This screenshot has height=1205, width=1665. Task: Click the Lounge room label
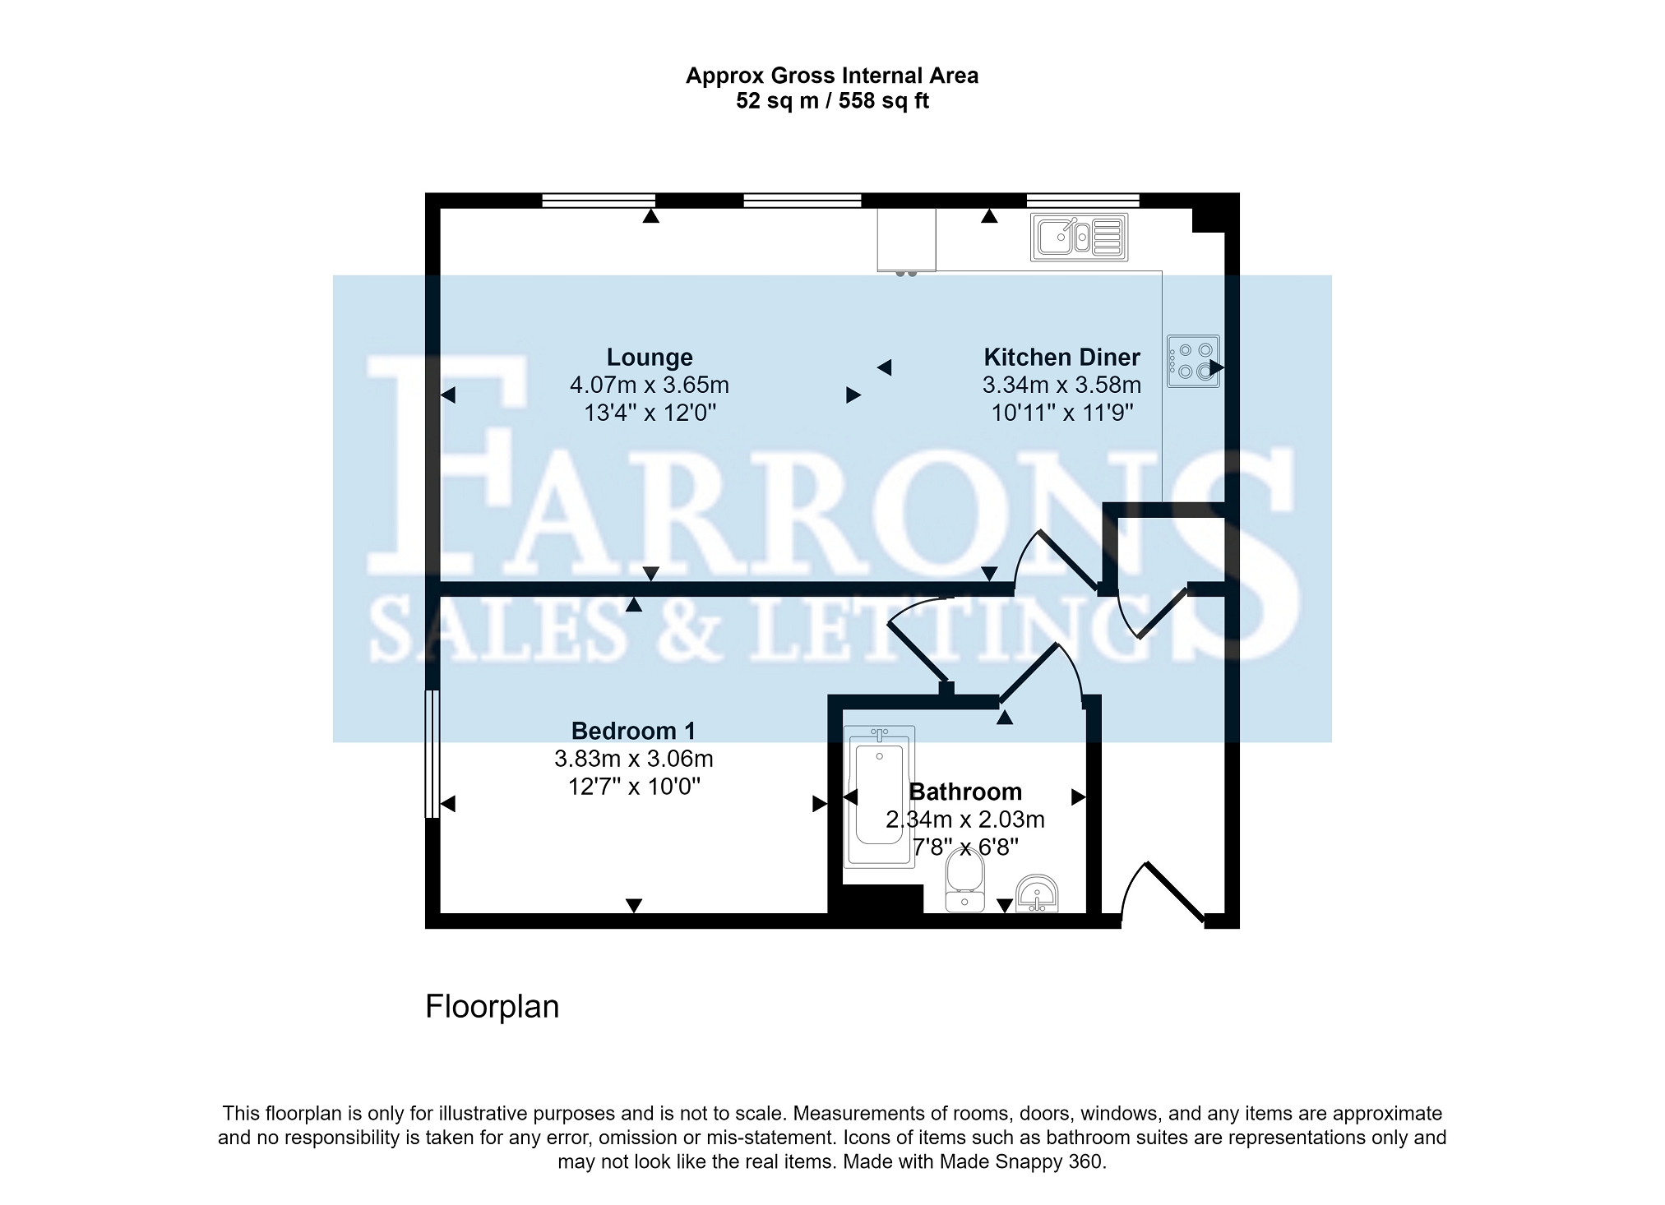650,358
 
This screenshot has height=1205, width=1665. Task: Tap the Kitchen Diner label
1061,358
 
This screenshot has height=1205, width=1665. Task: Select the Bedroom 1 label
633,731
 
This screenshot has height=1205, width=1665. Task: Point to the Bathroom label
965,792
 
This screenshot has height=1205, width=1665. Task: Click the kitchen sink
1079,238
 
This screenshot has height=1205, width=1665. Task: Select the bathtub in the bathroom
880,796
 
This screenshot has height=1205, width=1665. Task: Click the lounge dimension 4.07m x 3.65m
650,385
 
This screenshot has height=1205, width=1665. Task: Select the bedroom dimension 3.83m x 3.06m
633,759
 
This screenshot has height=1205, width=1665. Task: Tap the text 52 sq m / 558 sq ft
832,101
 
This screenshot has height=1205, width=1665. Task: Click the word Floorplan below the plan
492,1007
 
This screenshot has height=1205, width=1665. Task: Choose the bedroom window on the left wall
432,754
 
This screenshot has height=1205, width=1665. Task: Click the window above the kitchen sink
1083,201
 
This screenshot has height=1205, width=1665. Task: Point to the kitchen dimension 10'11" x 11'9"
1062,412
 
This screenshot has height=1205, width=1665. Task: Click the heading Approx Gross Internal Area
832,76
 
